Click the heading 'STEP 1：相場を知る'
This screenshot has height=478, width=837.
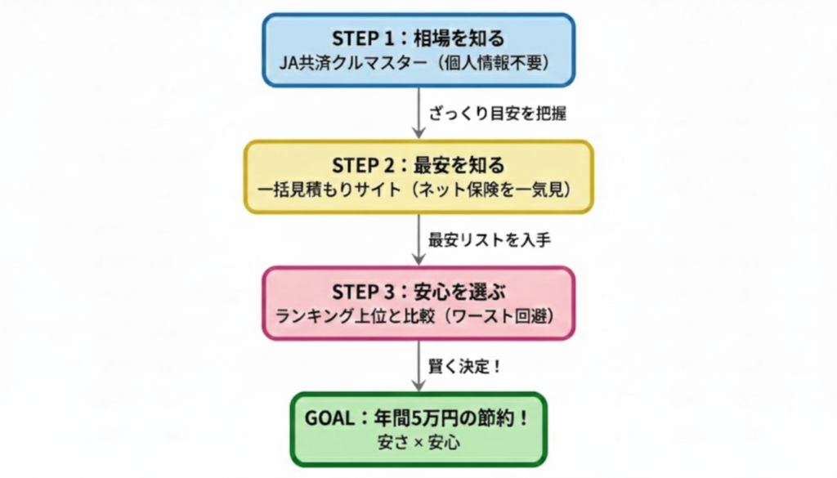tap(418, 38)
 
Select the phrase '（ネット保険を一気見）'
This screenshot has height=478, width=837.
tap(488, 189)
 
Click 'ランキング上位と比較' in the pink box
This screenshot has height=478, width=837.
tap(357, 315)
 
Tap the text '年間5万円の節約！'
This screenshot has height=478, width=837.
tap(441, 418)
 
